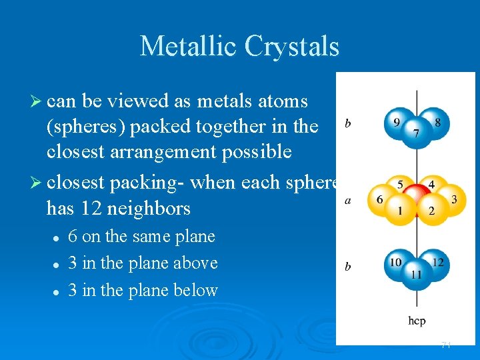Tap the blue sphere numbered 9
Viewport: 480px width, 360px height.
[x=396, y=122]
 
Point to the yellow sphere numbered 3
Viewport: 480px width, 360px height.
[x=454, y=199]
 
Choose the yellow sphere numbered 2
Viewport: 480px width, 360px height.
[x=431, y=211]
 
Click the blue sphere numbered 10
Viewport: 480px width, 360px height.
[x=396, y=263]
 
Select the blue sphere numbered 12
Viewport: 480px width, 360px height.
[x=437, y=263]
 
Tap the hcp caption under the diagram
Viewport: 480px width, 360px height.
[x=417, y=321]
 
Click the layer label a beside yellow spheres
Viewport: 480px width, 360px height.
[x=348, y=200]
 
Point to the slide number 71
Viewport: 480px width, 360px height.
[x=446, y=345]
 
